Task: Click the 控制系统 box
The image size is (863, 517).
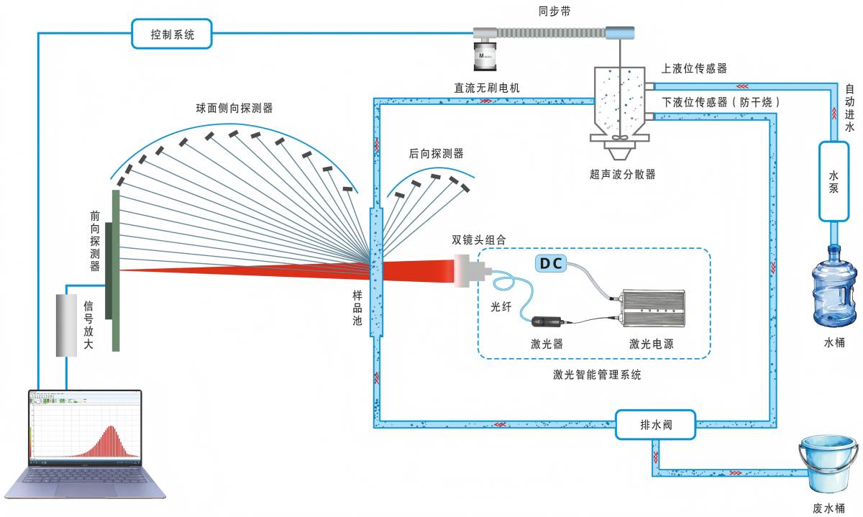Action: pos(173,33)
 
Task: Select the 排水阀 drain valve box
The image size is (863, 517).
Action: pos(654,424)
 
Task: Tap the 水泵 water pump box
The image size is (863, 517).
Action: pos(834,181)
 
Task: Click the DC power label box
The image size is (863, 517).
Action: pos(551,263)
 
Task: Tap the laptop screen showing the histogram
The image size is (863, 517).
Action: pos(85,427)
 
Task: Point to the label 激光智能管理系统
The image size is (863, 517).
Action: pos(597,375)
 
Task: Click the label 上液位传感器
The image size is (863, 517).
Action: pos(694,68)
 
